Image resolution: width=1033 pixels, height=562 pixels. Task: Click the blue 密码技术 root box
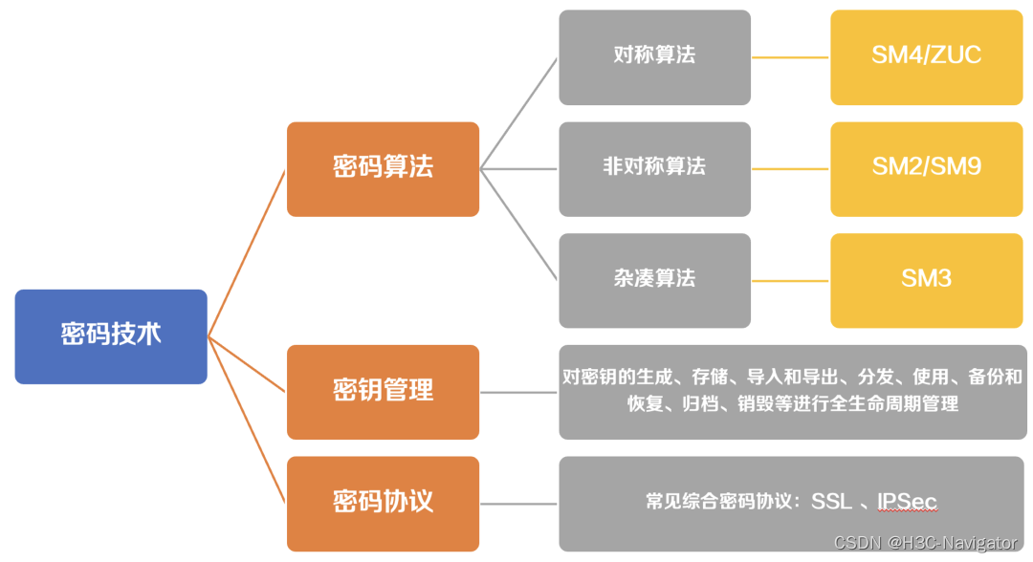(111, 336)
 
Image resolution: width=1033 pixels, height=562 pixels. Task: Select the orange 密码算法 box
(383, 168)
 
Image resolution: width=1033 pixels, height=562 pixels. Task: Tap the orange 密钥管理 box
(383, 391)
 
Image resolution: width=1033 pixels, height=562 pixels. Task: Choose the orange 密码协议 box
(383, 503)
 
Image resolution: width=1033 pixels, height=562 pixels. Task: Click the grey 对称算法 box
(654, 56)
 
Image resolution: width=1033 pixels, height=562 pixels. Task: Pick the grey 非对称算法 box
(654, 168)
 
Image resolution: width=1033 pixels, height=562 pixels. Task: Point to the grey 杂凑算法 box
(654, 280)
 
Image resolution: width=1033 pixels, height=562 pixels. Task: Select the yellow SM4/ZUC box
(926, 56)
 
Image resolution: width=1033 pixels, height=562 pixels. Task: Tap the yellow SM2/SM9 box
(926, 168)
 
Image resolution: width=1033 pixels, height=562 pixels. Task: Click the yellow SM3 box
(926, 280)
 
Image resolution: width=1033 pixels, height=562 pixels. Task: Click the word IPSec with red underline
(907, 502)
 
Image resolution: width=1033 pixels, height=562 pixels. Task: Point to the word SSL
(831, 502)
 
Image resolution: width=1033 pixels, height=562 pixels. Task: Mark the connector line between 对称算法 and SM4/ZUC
(790, 57)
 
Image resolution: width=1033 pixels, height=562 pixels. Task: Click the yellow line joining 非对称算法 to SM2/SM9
(790, 169)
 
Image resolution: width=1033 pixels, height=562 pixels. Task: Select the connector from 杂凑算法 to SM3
(790, 281)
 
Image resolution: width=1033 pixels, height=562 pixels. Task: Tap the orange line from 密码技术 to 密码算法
(247, 253)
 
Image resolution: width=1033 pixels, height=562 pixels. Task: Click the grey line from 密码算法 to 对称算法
(518, 113)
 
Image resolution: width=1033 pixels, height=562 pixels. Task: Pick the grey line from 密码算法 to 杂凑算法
(518, 225)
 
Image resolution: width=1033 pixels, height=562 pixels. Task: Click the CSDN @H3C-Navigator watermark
(925, 543)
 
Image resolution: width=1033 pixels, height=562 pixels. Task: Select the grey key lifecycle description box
(792, 391)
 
